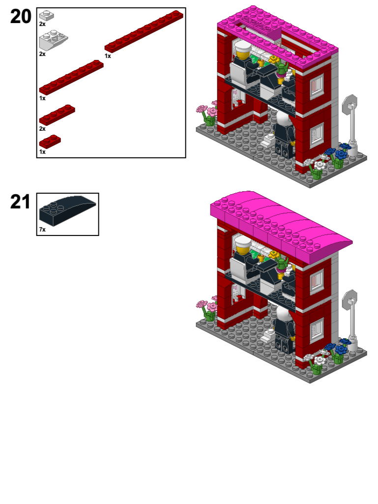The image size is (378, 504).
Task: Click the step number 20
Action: (21, 17)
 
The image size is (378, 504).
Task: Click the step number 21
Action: (20, 202)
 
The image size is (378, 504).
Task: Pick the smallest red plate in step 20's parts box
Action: (50, 142)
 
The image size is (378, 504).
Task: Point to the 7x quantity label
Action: (42, 230)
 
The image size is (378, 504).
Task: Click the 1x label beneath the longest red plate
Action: (108, 56)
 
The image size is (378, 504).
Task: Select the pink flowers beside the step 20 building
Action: (207, 110)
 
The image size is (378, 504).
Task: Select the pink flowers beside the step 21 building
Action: (207, 306)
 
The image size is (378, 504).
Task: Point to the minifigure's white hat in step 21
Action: (243, 242)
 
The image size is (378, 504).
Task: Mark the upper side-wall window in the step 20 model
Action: (316, 87)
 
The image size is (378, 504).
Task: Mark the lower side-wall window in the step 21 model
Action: (316, 329)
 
